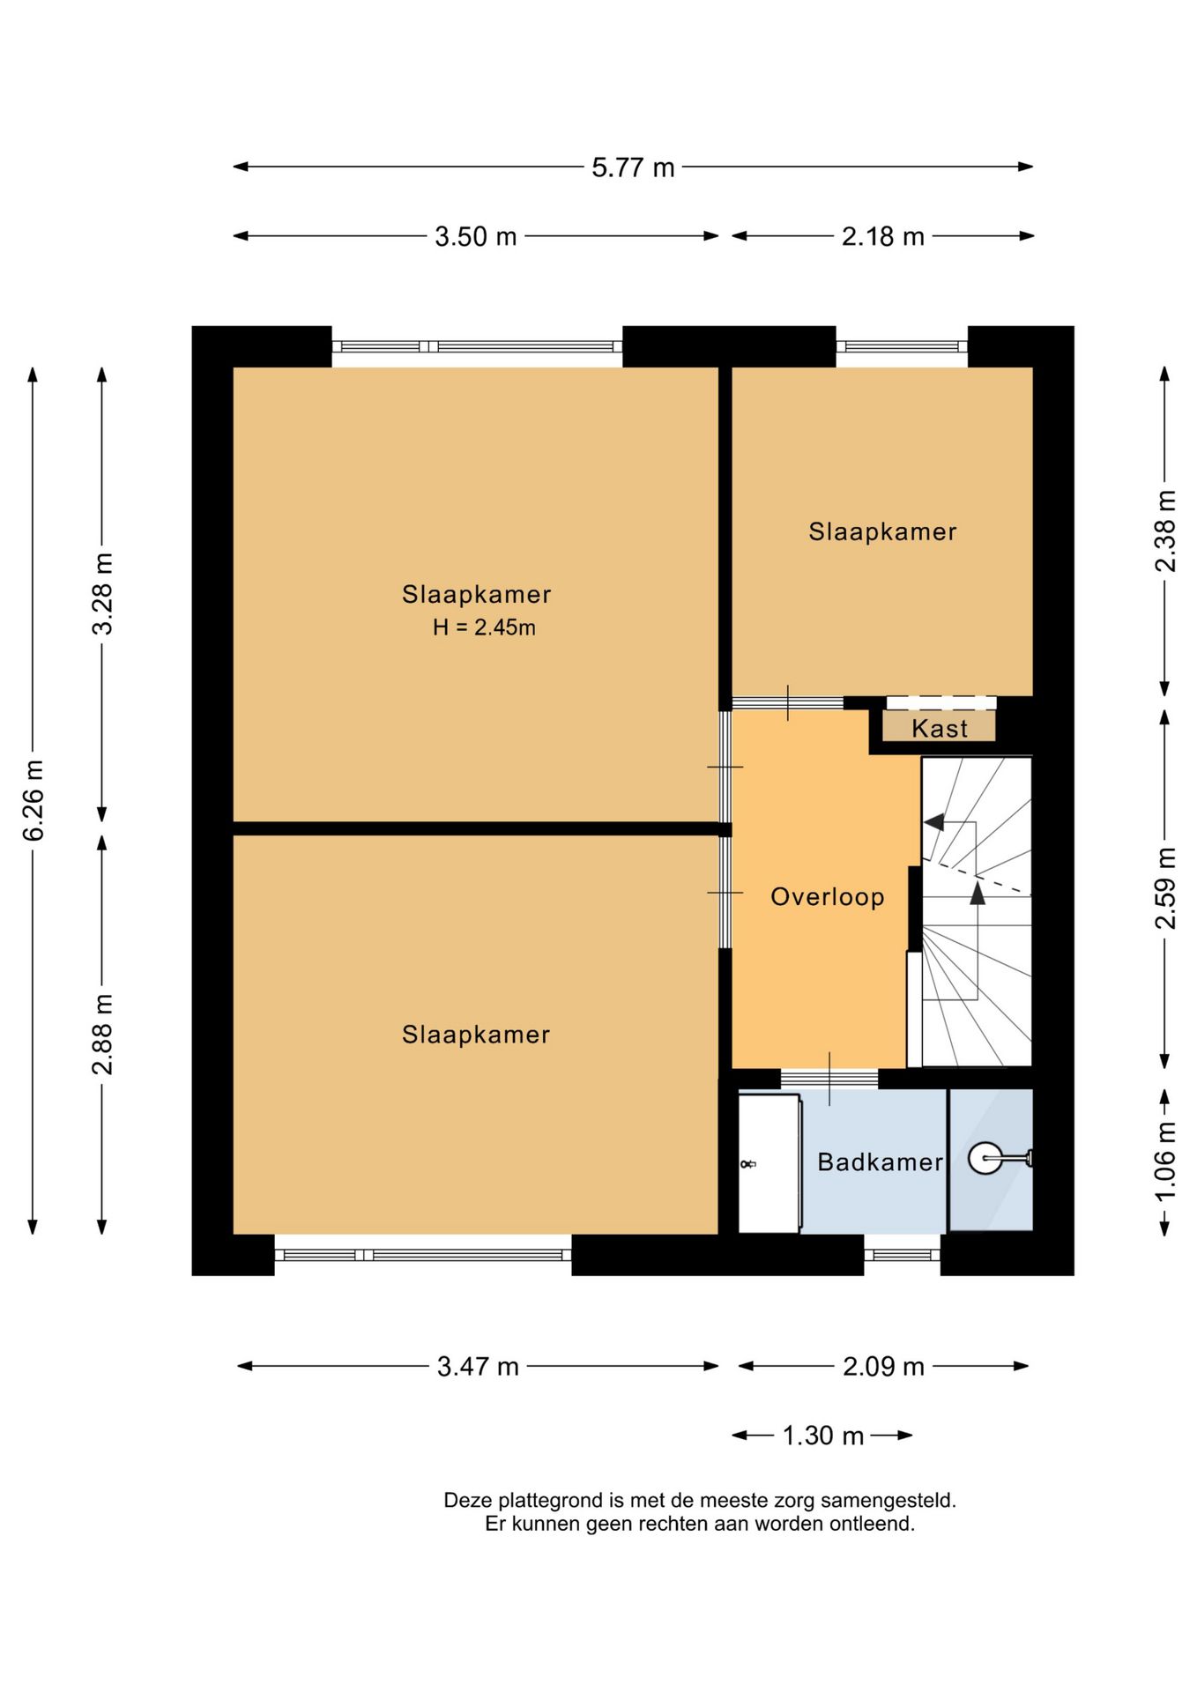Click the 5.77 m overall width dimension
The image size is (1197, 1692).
pyautogui.click(x=633, y=167)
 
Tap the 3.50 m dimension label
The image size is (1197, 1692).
pyautogui.click(x=475, y=236)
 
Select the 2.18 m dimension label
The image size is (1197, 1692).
pyautogui.click(x=882, y=236)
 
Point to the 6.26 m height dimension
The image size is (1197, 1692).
pyautogui.click(x=33, y=800)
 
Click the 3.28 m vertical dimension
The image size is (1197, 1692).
pyautogui.click(x=102, y=594)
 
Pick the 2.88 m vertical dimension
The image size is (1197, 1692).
pyautogui.click(x=102, y=1035)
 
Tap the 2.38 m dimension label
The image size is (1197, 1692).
pyautogui.click(x=1165, y=531)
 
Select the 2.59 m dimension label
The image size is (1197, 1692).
pyautogui.click(x=1165, y=888)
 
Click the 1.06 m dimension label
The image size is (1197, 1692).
pyautogui.click(x=1165, y=1161)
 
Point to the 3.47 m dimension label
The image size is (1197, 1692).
pyautogui.click(x=478, y=1366)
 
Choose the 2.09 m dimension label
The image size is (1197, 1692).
pyautogui.click(x=883, y=1366)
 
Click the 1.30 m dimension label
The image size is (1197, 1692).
pyautogui.click(x=823, y=1436)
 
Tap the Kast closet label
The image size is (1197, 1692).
pyautogui.click(x=940, y=729)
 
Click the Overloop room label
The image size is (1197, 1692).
pyautogui.click(x=828, y=897)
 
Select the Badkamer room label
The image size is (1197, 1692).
pyautogui.click(x=881, y=1161)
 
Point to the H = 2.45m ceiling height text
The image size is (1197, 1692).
pyautogui.click(x=484, y=627)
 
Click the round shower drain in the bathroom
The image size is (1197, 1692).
pyautogui.click(x=985, y=1158)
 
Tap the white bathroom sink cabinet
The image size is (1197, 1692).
pyautogui.click(x=769, y=1163)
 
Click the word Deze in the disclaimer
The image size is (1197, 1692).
pyautogui.click(x=467, y=1500)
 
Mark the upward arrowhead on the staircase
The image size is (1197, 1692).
pyautogui.click(x=978, y=894)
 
